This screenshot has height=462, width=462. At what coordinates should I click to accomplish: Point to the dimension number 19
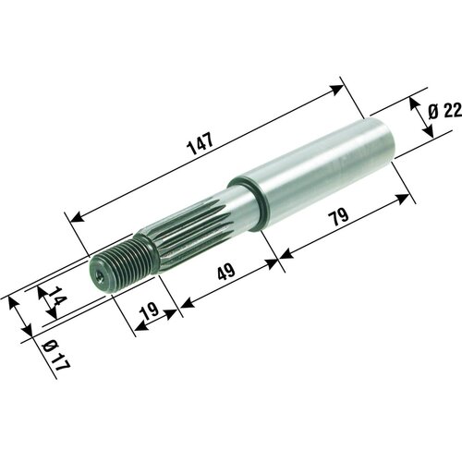(149, 311)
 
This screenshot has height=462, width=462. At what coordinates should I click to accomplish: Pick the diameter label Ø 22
(445, 111)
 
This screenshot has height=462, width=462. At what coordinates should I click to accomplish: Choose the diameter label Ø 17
(55, 355)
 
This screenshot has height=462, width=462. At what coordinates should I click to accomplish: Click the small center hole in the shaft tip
(99, 276)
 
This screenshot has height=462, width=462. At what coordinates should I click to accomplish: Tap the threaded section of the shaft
(123, 261)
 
